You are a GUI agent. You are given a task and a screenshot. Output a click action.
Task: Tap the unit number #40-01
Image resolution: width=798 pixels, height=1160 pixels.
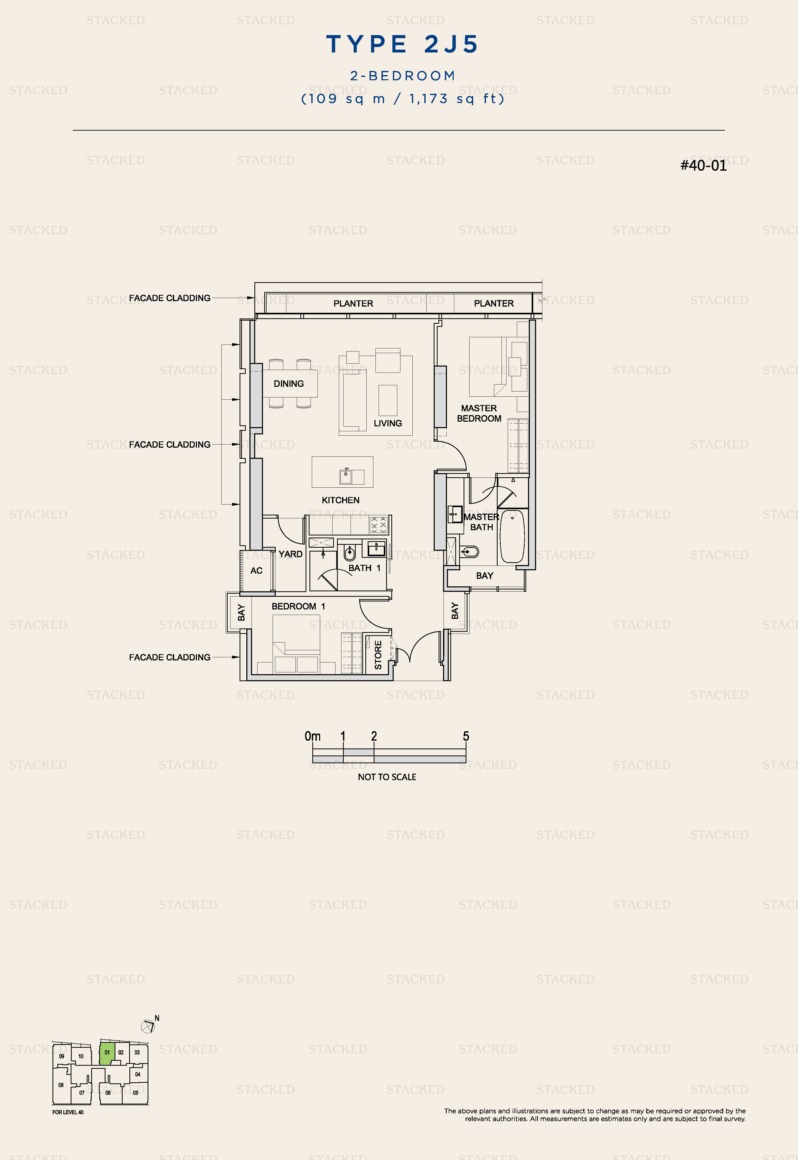[x=703, y=165]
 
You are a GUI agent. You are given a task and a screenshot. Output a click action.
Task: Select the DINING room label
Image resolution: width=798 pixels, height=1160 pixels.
[x=288, y=384]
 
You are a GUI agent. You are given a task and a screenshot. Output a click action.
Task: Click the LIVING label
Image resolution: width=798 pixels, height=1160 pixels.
[x=387, y=423]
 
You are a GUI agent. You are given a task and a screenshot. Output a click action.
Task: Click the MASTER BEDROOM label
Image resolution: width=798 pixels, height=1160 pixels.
[x=479, y=413]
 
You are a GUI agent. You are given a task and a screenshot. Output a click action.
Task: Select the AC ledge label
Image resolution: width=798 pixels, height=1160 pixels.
[x=256, y=571]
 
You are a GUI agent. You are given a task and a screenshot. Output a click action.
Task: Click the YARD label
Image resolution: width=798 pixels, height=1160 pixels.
[x=291, y=554]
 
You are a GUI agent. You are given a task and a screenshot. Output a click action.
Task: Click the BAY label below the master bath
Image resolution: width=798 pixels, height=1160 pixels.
[x=485, y=576]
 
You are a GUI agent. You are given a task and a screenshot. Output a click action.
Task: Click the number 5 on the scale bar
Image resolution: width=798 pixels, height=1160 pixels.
[x=466, y=736]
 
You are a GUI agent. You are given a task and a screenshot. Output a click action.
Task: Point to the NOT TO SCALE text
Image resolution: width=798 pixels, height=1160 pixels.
[x=387, y=777]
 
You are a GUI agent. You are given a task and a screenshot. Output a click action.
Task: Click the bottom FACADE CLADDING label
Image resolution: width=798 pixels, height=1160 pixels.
[x=169, y=657]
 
